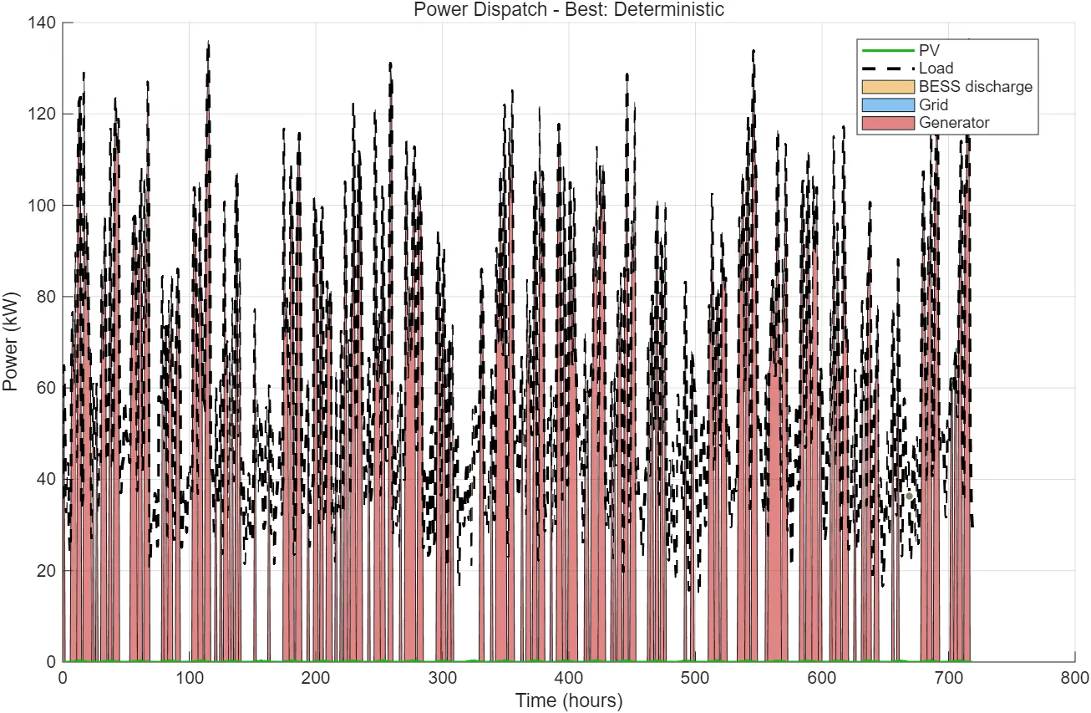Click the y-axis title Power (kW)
coord(11,343)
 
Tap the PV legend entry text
coord(929,51)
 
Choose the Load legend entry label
coord(936,69)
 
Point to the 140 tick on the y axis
coord(43,23)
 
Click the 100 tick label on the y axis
coord(43,206)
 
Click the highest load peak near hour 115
coord(208,42)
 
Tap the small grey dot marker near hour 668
coord(909,497)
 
